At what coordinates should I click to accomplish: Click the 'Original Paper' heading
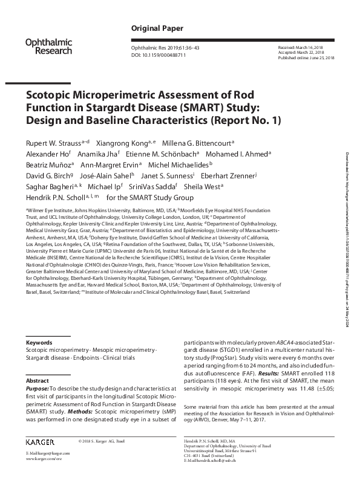[153, 28]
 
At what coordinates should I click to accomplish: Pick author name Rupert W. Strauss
[50, 143]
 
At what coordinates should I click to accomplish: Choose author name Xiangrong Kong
[126, 143]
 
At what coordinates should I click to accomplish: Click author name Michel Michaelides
[178, 164]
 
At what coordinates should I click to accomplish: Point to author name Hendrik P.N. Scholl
[54, 197]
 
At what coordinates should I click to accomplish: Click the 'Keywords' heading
[39, 342]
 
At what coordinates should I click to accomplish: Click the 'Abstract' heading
[37, 381]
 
